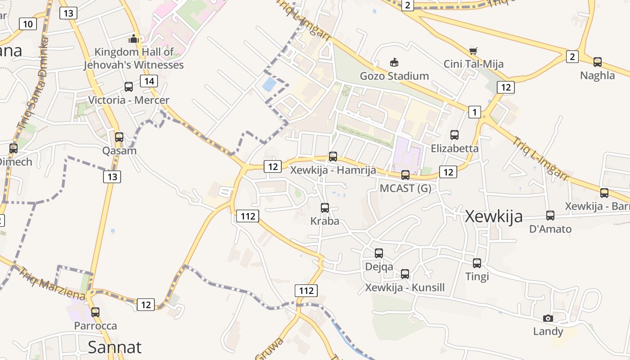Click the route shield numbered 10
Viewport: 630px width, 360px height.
(x=28, y=24)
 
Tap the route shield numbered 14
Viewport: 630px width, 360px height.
(x=148, y=81)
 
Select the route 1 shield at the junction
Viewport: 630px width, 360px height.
(x=474, y=112)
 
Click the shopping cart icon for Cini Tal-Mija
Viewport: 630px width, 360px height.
(x=473, y=51)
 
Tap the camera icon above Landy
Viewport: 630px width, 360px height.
(x=548, y=319)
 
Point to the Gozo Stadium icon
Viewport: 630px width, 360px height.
(x=394, y=62)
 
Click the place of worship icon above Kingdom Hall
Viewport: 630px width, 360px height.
(x=133, y=39)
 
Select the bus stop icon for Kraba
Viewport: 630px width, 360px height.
(x=324, y=208)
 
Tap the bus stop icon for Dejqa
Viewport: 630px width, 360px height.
(x=379, y=253)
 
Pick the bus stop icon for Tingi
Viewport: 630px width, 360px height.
(x=477, y=263)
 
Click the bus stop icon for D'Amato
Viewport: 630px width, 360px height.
(x=550, y=216)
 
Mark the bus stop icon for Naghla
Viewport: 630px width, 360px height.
(x=598, y=62)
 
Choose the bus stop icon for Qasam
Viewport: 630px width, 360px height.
(x=119, y=137)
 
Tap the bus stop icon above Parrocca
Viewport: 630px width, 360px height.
(x=95, y=312)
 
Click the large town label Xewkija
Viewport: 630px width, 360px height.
(x=494, y=216)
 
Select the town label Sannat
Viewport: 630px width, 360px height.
(x=114, y=347)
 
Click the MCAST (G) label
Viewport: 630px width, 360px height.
(x=405, y=188)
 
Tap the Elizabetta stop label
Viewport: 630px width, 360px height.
(x=454, y=148)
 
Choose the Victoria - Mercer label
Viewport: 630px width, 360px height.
(x=129, y=100)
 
